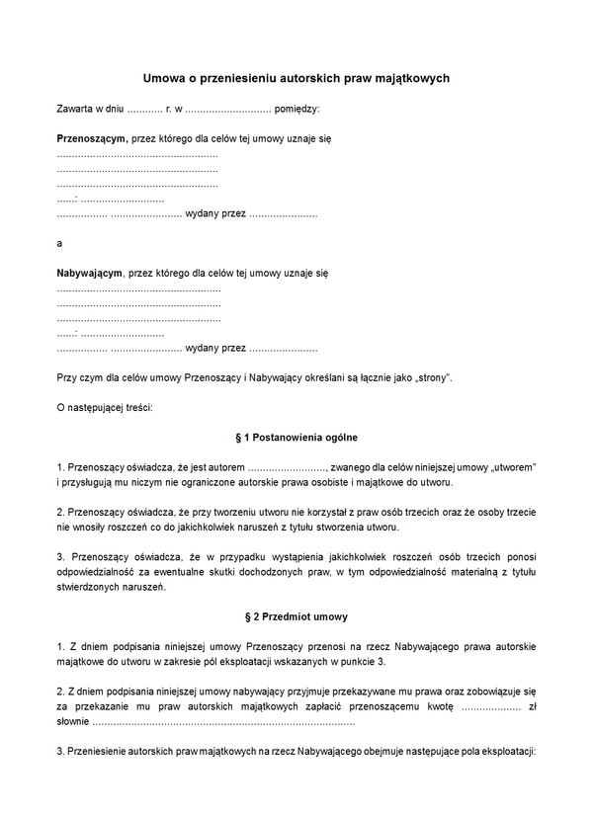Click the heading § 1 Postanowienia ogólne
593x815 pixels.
point(296,437)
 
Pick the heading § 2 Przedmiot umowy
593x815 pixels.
point(296,616)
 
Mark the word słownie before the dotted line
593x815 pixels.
point(73,722)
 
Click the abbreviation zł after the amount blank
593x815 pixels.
point(531,707)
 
